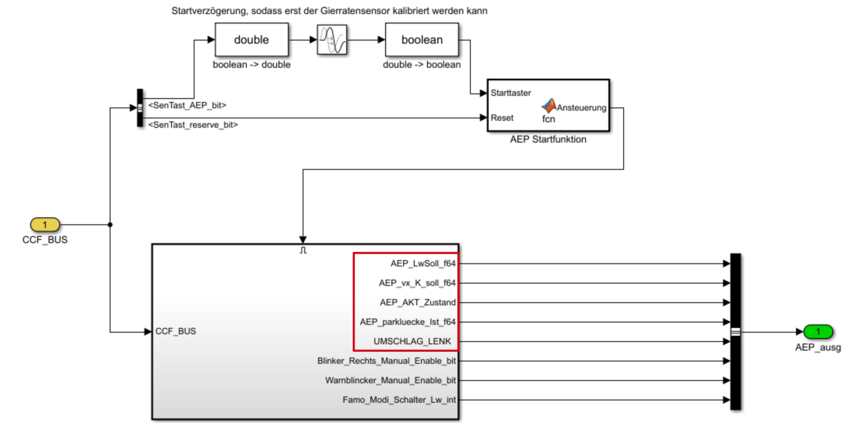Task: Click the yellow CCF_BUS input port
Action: click(x=45, y=225)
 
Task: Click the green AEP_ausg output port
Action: click(x=818, y=332)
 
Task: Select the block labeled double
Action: click(x=252, y=40)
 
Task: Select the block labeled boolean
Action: click(x=422, y=40)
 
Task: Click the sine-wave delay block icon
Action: click(x=332, y=40)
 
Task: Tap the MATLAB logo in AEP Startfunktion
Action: click(x=549, y=105)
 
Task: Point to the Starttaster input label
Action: click(x=510, y=93)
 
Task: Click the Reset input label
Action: click(x=502, y=118)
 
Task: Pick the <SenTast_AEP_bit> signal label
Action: click(x=187, y=105)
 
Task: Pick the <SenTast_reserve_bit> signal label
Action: click(x=193, y=125)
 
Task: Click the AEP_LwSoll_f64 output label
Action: click(x=423, y=263)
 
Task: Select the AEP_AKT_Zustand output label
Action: click(x=417, y=303)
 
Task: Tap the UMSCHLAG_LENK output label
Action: click(x=412, y=341)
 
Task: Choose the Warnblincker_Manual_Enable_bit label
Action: click(x=390, y=380)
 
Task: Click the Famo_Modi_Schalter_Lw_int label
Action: click(x=399, y=400)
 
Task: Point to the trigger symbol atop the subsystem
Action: click(x=303, y=250)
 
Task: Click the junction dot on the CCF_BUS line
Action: click(x=110, y=225)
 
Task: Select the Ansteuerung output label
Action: click(x=581, y=108)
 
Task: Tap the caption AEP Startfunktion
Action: click(x=548, y=140)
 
